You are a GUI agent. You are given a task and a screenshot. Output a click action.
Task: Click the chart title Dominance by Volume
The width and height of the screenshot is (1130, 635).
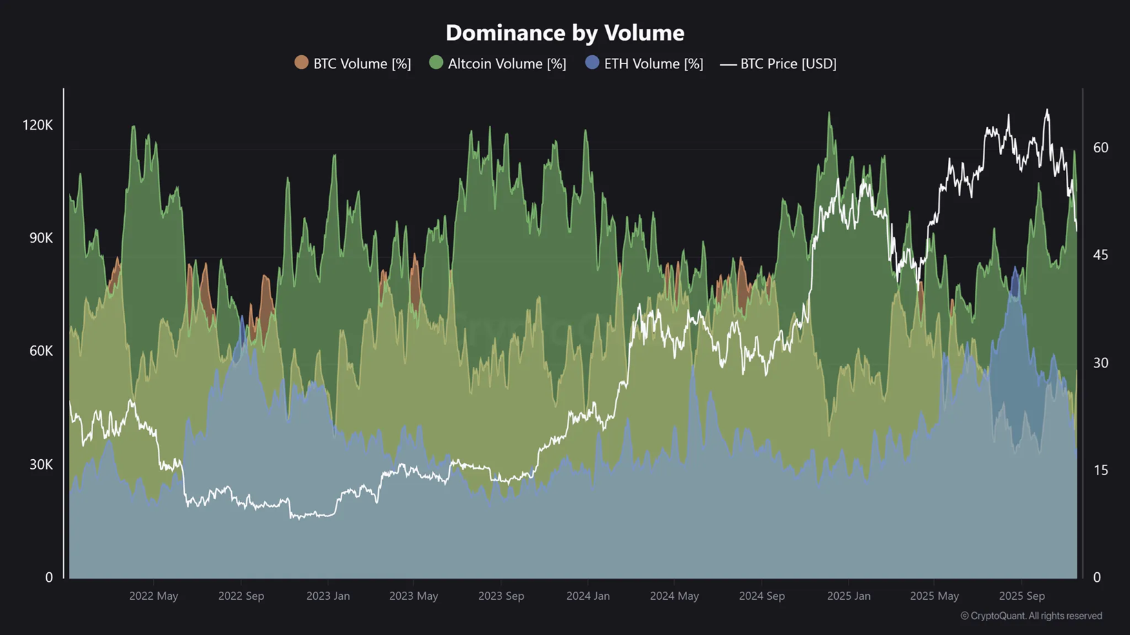pos(564,32)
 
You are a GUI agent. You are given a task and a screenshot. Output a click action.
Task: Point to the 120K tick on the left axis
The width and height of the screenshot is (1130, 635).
pos(37,125)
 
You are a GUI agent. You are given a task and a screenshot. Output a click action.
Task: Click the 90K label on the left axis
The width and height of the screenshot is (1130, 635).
pos(41,238)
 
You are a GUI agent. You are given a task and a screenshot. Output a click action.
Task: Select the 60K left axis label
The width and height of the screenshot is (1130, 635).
pos(41,351)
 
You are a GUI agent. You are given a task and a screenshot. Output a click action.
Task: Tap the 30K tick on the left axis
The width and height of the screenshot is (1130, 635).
pos(41,465)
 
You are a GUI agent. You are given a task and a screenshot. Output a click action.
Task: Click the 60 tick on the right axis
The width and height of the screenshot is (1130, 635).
pos(1100,148)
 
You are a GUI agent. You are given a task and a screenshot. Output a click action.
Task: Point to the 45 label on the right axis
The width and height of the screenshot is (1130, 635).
pos(1100,255)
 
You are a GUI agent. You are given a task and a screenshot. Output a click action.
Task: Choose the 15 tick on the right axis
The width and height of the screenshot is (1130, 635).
pos(1100,470)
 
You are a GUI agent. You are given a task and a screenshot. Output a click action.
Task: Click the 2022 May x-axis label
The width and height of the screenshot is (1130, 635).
pos(153,596)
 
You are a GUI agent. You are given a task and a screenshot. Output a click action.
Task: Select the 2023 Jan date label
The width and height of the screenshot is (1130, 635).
pos(328,596)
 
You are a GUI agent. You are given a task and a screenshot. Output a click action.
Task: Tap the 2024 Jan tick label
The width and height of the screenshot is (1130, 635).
pos(588,596)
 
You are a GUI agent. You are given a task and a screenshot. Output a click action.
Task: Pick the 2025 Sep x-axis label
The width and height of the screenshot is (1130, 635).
pos(1022,596)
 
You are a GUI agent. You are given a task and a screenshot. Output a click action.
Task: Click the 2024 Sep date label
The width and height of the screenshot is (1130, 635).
pos(762,596)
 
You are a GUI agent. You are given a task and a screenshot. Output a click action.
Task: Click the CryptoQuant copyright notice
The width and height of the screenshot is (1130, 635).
pos(1031,616)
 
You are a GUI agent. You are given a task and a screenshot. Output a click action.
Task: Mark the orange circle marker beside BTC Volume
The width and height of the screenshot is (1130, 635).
pos(301,62)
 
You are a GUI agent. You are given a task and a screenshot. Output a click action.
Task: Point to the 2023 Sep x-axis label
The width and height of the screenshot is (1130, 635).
pos(501,596)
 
